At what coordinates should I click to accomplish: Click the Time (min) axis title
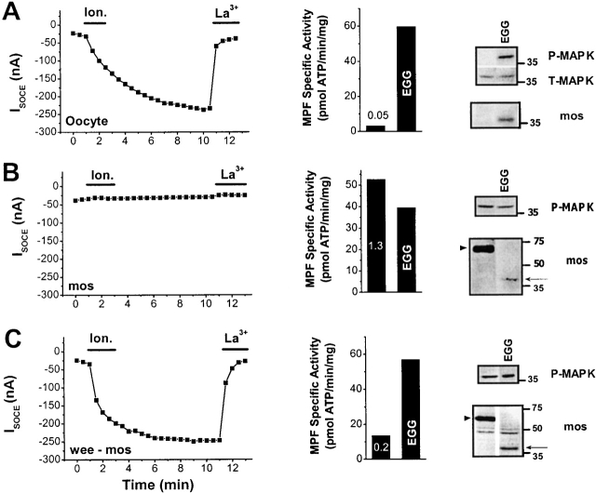(x=152, y=485)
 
